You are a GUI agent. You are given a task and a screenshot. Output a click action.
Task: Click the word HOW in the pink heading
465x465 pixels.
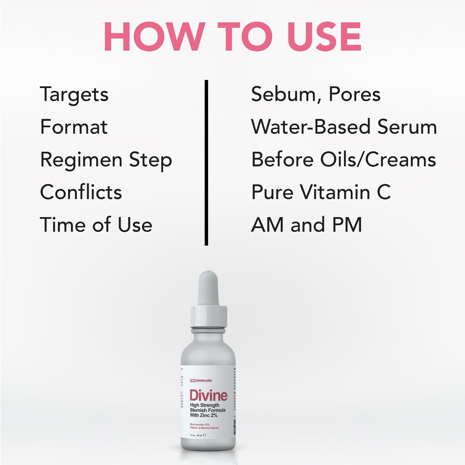[x=153, y=37]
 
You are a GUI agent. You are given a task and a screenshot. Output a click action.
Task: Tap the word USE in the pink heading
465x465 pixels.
[x=324, y=37]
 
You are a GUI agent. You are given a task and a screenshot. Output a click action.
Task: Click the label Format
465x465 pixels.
[x=74, y=127]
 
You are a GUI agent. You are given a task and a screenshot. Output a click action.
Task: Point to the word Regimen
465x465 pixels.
[x=81, y=160]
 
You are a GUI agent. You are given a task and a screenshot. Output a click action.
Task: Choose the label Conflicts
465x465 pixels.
[x=81, y=192]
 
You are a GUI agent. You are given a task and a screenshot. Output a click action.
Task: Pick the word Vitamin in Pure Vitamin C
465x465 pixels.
[x=335, y=192]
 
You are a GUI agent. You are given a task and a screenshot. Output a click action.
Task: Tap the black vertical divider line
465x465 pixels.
[x=206, y=163]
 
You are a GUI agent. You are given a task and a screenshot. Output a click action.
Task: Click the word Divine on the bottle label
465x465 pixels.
[x=208, y=396]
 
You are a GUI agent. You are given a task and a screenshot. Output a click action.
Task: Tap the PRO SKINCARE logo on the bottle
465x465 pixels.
[x=201, y=380]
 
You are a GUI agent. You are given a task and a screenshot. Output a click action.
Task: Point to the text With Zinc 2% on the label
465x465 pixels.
[x=203, y=415]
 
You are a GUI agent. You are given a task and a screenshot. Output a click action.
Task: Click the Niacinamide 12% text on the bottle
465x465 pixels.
[x=200, y=425]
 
